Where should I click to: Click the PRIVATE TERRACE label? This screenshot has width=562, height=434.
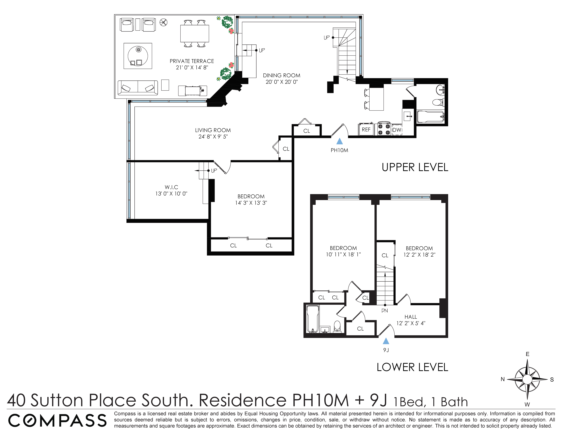(192, 61)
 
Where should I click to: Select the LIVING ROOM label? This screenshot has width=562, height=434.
(213, 130)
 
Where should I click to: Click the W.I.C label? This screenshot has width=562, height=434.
(171, 187)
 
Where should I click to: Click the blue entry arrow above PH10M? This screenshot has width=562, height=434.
(339, 141)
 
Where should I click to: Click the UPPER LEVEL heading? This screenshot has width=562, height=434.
(415, 167)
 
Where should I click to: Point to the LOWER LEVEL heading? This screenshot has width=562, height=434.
(412, 367)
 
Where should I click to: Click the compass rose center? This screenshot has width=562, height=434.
(527, 379)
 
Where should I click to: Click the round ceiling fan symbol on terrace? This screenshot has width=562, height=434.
(163, 22)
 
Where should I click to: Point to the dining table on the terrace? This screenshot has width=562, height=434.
(195, 33)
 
